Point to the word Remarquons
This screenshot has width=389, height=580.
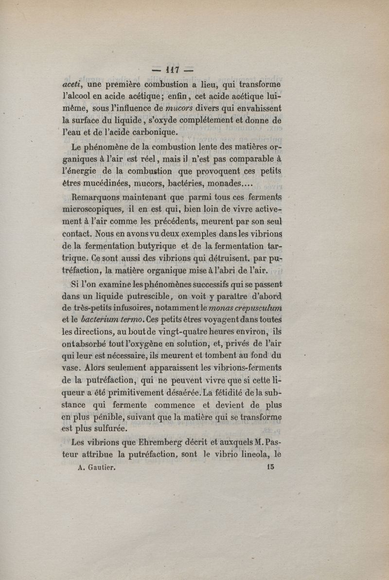click(x=98, y=198)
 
